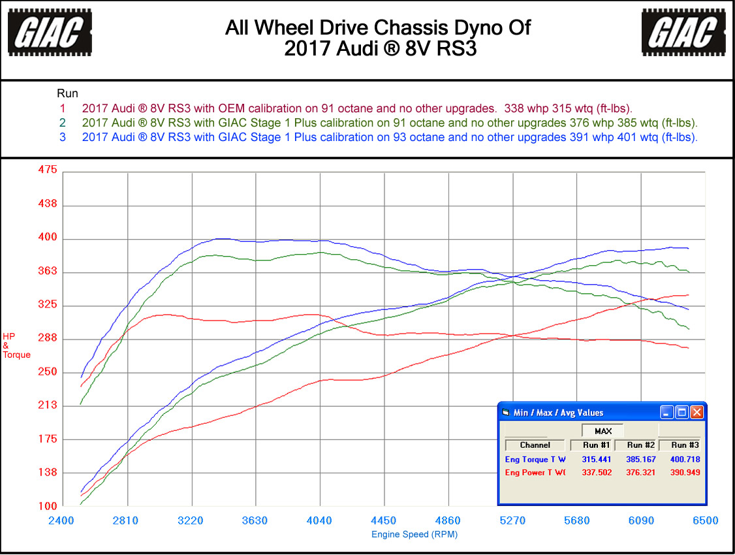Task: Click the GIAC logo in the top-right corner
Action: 683,31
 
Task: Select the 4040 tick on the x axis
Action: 319,520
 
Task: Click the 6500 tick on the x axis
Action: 705,520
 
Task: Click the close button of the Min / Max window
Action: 697,412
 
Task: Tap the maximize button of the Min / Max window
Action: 682,412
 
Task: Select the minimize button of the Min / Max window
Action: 667,412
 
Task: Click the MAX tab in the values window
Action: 602,431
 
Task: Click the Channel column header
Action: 535,445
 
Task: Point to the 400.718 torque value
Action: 685,459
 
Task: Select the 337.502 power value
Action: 597,472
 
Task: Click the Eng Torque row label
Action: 535,459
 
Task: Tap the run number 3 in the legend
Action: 63,137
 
